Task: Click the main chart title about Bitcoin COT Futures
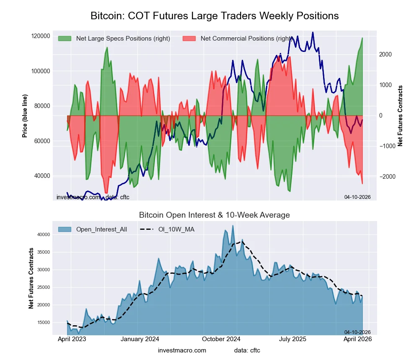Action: [215, 16]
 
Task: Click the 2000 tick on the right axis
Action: [385, 54]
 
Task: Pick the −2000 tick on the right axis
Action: [385, 177]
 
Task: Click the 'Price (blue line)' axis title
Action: [25, 116]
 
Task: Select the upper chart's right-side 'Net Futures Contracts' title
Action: [400, 116]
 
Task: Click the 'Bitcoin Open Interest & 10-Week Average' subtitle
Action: [214, 215]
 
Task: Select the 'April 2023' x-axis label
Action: [71, 339]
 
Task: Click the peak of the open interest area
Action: [233, 226]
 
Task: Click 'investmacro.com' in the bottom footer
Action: [182, 350]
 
